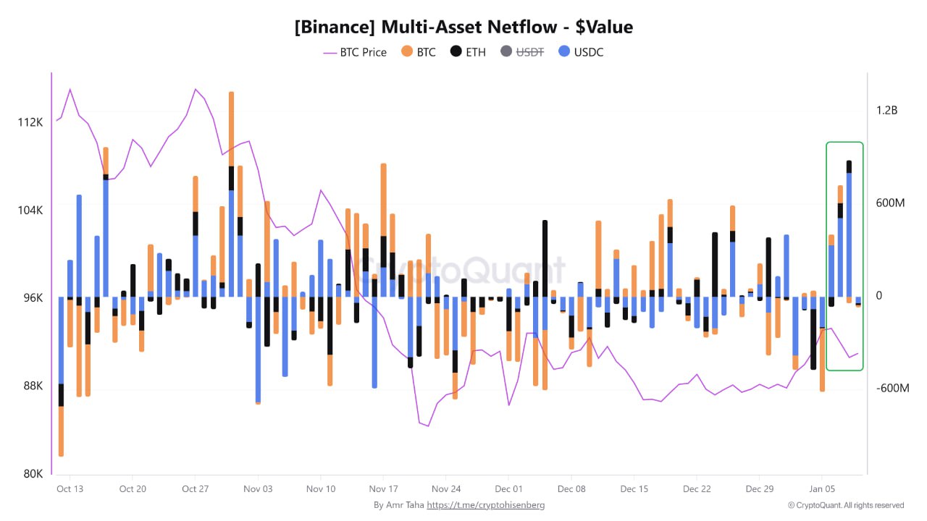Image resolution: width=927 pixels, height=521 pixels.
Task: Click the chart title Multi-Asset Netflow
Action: pos(463,27)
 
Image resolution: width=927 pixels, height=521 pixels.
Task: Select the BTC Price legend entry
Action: pos(355,52)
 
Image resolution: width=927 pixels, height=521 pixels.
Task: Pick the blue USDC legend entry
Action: pos(582,52)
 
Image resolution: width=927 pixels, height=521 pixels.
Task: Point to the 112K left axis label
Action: pos(30,122)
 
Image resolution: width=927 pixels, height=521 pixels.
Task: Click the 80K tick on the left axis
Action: pos(33,474)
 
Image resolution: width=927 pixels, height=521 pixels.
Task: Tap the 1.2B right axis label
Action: pos(886,111)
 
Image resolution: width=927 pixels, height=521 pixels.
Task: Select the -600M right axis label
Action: pos(892,389)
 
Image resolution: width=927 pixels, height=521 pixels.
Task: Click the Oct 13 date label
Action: pos(70,489)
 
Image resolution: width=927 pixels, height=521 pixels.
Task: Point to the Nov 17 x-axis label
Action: pos(383,489)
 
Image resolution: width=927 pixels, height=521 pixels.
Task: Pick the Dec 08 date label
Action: pos(571,489)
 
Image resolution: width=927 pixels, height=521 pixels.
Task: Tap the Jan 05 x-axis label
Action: pos(821,489)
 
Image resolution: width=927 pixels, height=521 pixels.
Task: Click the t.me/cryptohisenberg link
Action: pos(485,505)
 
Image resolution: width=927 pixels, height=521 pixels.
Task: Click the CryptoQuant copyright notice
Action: pos(846,505)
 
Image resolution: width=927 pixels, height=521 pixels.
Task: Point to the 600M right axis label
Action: pos(890,203)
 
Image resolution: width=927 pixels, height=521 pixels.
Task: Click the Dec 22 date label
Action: pos(696,489)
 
